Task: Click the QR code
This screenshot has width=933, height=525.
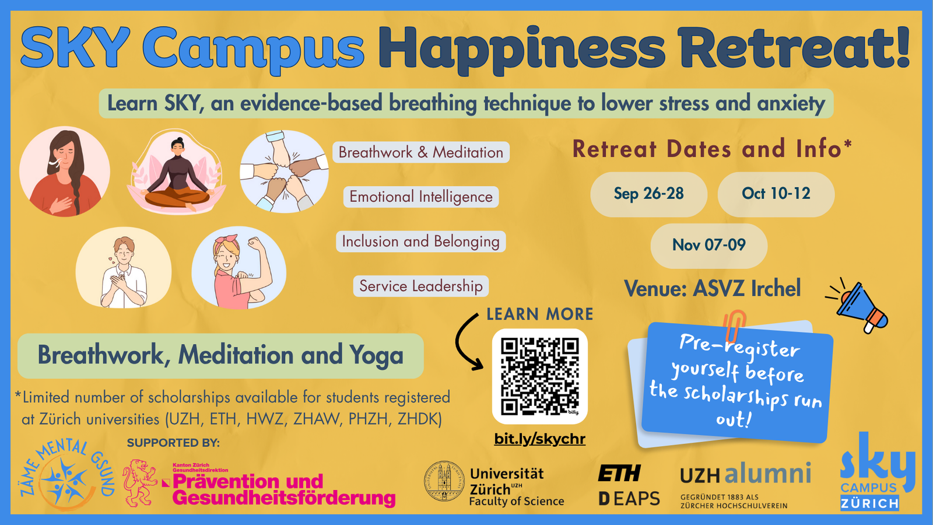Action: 539,376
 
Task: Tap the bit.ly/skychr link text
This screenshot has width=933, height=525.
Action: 540,439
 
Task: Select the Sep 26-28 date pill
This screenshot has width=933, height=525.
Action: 648,194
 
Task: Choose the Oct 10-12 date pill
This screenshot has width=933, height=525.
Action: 776,194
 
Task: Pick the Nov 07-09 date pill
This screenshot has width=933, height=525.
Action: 709,246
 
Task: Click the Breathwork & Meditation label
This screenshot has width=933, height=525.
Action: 420,152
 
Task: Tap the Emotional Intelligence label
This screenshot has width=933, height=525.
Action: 420,197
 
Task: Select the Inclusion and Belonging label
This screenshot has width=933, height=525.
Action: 420,242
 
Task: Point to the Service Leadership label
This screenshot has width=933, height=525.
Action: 420,286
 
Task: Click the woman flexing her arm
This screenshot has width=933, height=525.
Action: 238,268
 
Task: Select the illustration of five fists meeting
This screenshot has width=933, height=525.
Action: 284,171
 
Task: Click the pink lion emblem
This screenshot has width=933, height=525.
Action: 139,483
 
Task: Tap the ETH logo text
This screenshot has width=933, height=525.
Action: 619,473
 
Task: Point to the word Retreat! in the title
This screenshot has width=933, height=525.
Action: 793,47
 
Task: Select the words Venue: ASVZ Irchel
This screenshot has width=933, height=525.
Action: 712,289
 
